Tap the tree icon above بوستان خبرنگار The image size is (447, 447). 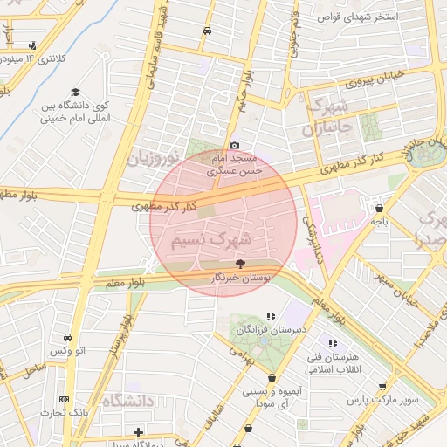[240, 262]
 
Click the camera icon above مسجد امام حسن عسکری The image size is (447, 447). [234, 145]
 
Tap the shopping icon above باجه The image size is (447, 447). [379, 208]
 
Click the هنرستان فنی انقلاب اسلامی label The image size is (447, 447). [332, 363]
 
